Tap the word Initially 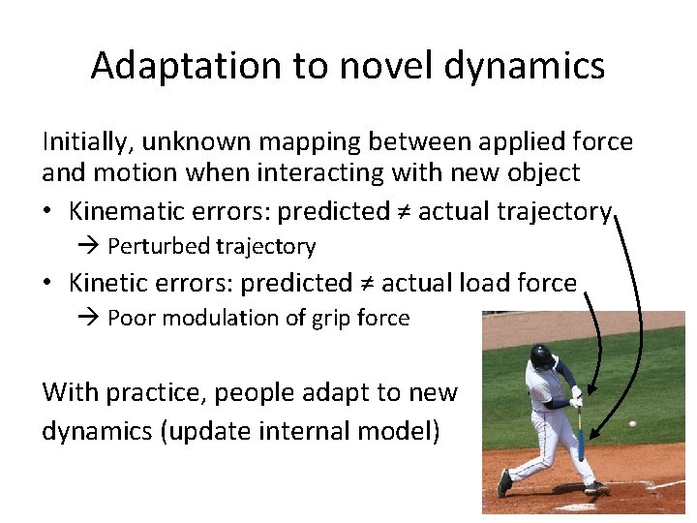point(88,142)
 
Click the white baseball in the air point(632,423)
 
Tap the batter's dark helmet point(542,357)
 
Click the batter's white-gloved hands point(576,397)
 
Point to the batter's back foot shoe point(504,481)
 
